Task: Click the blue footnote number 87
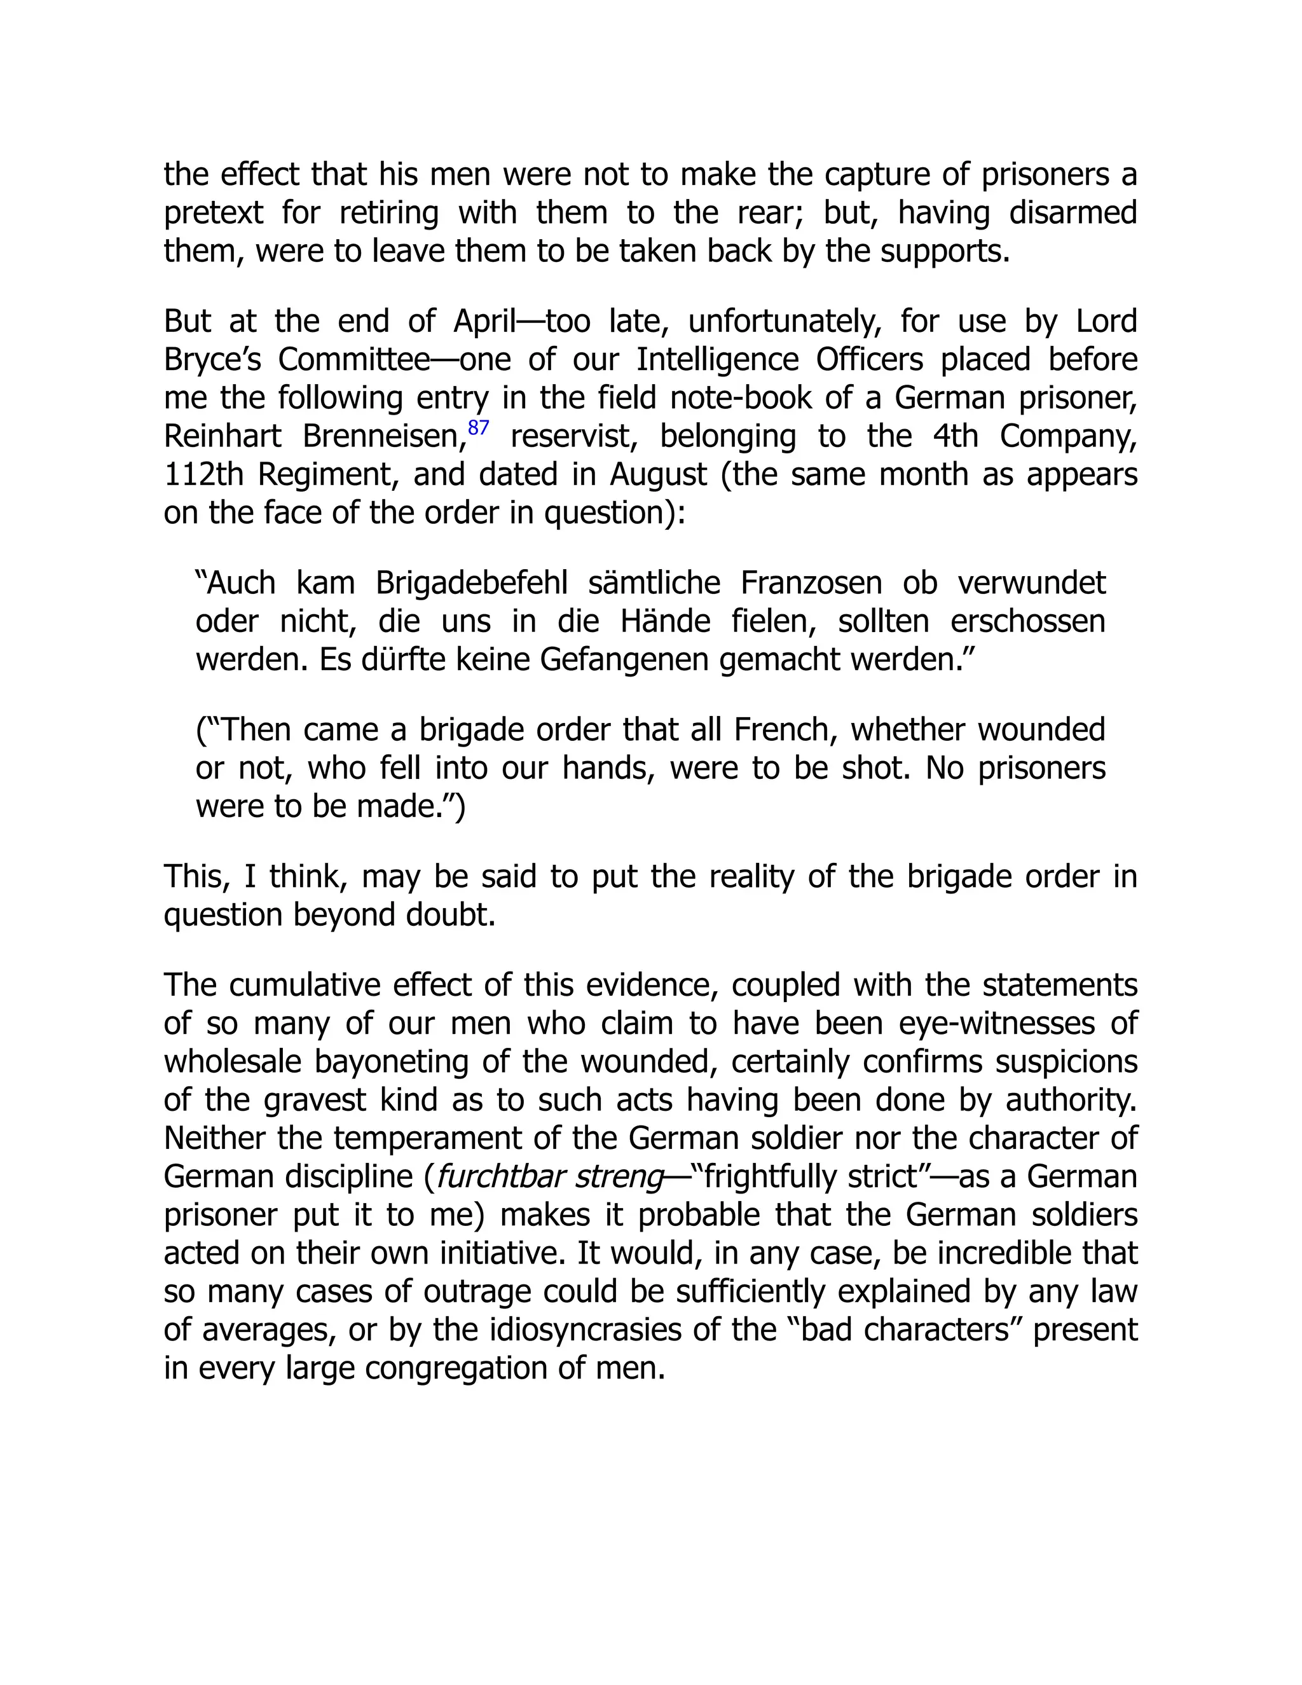click(x=478, y=427)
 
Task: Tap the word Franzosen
click(x=811, y=583)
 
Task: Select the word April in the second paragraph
click(x=484, y=322)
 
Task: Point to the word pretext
click(x=214, y=214)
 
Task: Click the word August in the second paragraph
click(x=658, y=474)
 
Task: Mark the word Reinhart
click(x=223, y=437)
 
